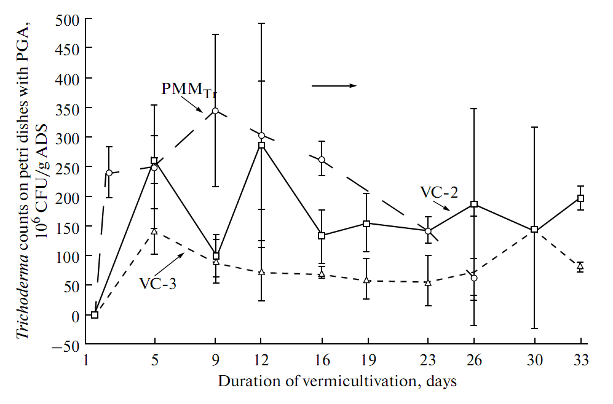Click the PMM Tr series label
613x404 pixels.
189,89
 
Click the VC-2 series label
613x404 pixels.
439,192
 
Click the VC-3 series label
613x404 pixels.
159,284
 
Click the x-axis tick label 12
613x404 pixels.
261,361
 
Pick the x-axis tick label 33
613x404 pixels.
580,361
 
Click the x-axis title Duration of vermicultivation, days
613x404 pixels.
338,381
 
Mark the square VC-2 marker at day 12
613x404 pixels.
261,145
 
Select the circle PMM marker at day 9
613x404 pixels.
216,111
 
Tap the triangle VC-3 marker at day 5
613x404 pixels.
154,231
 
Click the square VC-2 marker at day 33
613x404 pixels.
580,198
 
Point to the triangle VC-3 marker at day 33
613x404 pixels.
580,266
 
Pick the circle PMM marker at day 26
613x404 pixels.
474,278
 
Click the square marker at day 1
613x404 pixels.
95,315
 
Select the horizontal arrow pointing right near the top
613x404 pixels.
334,86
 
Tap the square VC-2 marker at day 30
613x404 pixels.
534,230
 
